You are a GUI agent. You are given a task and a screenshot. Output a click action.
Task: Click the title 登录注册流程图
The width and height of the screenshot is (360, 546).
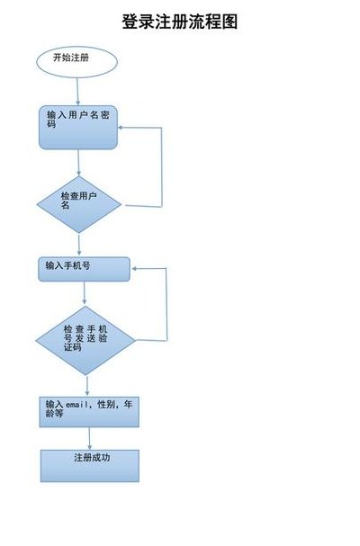point(180,22)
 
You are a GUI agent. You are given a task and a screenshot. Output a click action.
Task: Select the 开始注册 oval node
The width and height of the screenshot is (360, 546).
point(77,62)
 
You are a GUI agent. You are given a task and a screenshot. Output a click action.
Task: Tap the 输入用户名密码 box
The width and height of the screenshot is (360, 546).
point(78,128)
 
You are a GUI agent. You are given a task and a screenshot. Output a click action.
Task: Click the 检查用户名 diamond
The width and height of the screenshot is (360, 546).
point(79,204)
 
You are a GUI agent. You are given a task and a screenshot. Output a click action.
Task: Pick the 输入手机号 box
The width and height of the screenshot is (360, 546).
point(84,269)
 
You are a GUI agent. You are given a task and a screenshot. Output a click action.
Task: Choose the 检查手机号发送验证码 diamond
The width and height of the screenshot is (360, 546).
point(85,341)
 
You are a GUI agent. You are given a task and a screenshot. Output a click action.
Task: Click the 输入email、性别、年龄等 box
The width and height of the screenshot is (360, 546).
point(89,412)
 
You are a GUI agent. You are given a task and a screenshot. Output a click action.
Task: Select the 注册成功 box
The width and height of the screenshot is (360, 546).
point(90,466)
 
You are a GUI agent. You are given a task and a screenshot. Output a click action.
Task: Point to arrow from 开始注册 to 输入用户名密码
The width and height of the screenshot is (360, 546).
point(77,92)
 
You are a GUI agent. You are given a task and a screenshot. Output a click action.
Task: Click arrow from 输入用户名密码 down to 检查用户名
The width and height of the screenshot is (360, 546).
point(78,163)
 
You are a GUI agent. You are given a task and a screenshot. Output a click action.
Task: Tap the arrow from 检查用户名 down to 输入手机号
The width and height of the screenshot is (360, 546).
point(79,245)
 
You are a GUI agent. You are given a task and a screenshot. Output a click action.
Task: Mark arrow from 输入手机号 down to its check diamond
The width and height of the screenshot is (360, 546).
point(85,293)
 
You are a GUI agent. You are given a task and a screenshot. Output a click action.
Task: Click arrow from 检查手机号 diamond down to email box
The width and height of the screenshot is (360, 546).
point(87,386)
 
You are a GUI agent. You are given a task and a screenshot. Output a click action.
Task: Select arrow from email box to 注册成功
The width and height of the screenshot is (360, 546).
point(90,438)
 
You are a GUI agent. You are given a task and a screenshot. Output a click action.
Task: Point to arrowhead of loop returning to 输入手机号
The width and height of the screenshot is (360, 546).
point(134,268)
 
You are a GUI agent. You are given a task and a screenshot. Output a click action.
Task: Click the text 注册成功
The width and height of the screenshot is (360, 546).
point(92,457)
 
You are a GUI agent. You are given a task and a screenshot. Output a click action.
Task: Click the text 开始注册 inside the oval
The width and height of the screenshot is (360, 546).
point(71,58)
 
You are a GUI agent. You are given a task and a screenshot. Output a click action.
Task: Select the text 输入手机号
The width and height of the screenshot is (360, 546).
point(68,265)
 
